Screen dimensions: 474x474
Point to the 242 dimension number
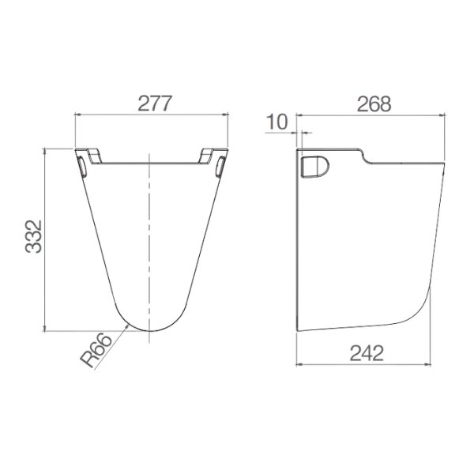pyautogui.click(x=364, y=353)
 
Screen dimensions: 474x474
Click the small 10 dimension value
pyautogui.click(x=277, y=122)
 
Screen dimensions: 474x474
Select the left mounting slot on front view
pyautogui.click(x=82, y=165)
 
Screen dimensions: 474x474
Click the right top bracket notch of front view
pyautogui.click(x=212, y=153)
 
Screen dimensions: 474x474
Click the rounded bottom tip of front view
pyautogui.click(x=149, y=330)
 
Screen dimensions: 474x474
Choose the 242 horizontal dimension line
pyautogui.click(x=364, y=366)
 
